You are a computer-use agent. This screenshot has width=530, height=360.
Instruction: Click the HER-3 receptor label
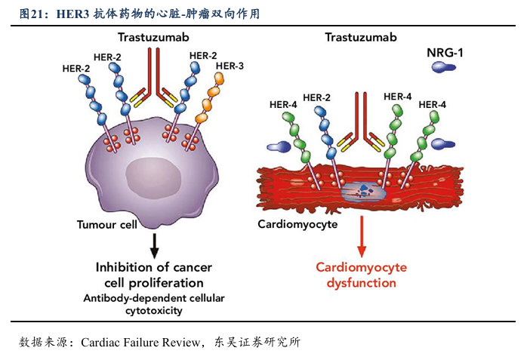230,66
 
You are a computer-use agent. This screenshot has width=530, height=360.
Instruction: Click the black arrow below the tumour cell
155,243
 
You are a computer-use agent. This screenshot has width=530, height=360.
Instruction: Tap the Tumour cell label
108,224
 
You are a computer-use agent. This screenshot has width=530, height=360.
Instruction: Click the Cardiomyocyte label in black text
297,224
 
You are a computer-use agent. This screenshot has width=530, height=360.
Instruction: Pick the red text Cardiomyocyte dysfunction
361,275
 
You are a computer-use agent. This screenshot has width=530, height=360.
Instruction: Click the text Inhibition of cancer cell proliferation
153,275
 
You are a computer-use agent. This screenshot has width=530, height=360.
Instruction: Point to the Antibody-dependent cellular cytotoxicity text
153,303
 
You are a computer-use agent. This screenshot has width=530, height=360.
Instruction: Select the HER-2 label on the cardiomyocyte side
316,97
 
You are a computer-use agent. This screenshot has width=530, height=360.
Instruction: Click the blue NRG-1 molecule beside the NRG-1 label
444,68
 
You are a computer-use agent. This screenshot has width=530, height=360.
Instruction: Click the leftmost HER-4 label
283,104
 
